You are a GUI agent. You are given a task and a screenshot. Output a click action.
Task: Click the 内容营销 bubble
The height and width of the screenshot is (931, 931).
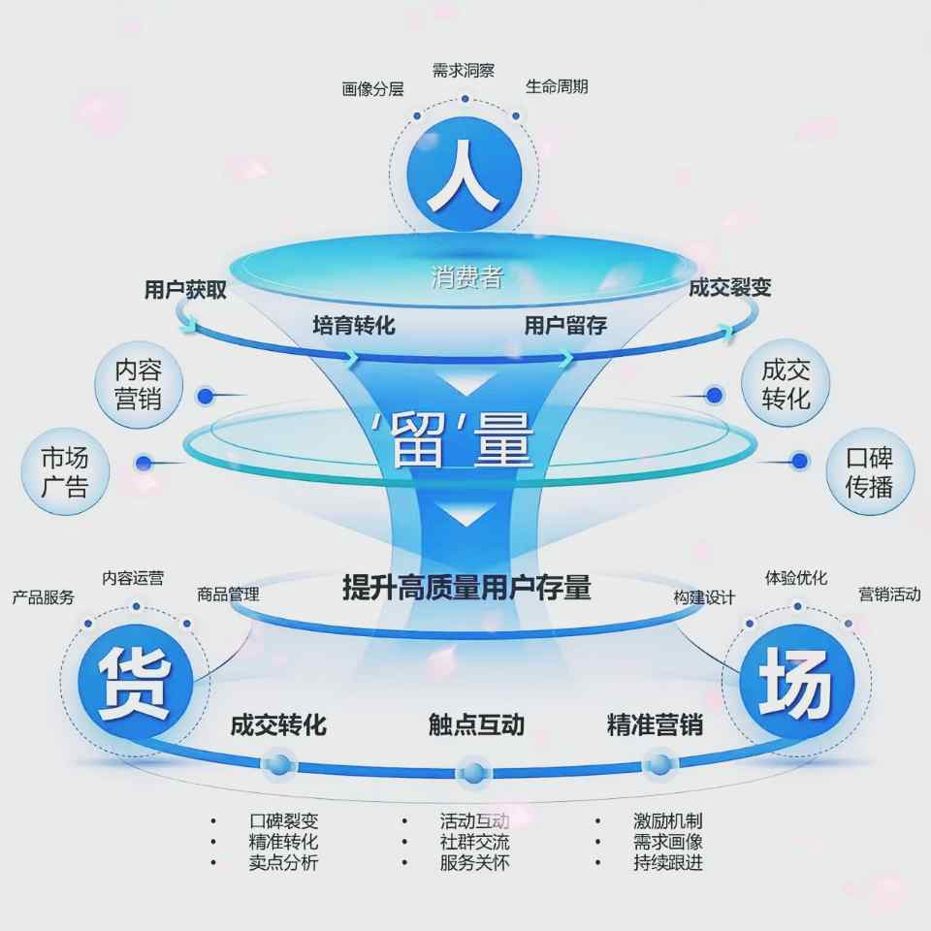point(138,384)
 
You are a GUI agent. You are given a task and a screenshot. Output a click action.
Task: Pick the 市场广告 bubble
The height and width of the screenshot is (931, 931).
point(65,471)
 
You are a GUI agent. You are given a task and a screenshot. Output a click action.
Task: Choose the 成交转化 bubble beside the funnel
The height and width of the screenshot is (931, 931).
point(786,384)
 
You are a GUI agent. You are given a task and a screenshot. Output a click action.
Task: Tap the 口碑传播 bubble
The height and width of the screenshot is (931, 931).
point(869,471)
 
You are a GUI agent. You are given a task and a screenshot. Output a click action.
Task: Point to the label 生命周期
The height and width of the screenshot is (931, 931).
point(557,86)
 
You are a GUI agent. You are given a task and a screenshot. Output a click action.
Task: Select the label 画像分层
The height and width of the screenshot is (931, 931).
point(372,89)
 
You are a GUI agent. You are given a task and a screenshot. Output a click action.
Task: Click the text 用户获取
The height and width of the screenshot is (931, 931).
point(185,289)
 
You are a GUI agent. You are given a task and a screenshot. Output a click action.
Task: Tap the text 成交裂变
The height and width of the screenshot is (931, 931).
point(730,287)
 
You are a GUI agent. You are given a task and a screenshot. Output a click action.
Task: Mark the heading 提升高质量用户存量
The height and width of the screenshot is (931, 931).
point(465,587)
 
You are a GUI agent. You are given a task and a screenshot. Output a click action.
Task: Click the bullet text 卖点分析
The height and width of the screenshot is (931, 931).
point(283,862)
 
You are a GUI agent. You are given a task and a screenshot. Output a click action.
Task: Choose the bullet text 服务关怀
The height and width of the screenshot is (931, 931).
point(474,862)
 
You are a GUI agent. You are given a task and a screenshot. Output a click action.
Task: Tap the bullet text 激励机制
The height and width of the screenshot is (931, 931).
point(667,821)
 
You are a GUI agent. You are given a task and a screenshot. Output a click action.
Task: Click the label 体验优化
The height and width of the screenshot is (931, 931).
point(796,578)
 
